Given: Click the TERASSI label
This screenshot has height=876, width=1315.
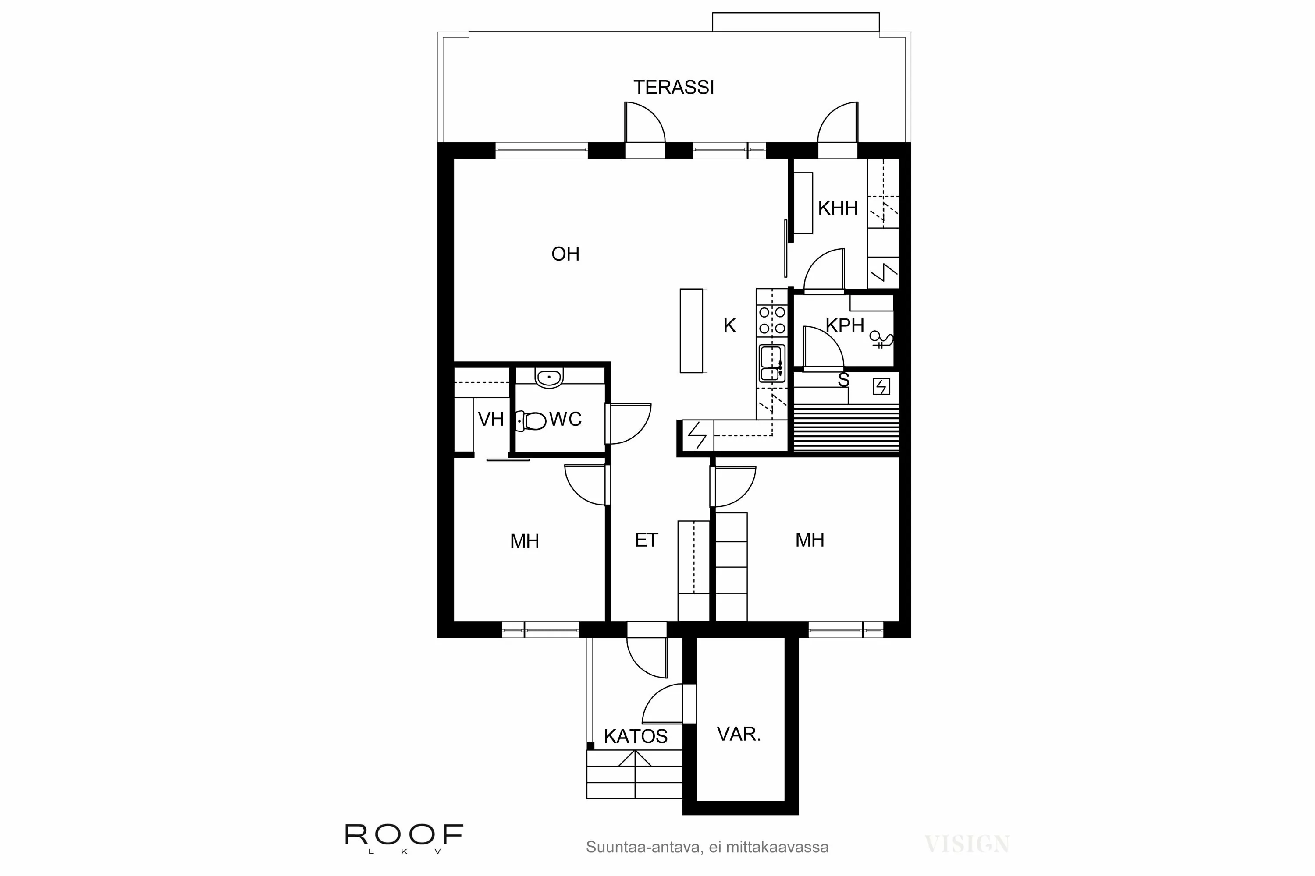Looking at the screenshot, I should tap(673, 88).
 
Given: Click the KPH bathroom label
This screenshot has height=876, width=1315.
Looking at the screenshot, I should tap(844, 326).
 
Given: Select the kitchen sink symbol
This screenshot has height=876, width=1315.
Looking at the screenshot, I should tap(771, 363).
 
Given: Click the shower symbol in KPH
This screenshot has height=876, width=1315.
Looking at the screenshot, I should tap(880, 339).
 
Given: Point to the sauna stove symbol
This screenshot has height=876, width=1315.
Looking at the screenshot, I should tap(881, 387).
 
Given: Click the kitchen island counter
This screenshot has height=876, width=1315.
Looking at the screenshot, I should tap(692, 330).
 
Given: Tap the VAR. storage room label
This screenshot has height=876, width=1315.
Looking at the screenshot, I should tap(739, 734).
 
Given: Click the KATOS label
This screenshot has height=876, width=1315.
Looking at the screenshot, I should tap(635, 736).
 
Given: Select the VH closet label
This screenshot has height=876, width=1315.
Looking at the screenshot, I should tap(491, 419).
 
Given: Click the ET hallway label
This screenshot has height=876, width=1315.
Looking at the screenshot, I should tap(646, 540).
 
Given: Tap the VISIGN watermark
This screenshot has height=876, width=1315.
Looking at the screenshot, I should tap(967, 844).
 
